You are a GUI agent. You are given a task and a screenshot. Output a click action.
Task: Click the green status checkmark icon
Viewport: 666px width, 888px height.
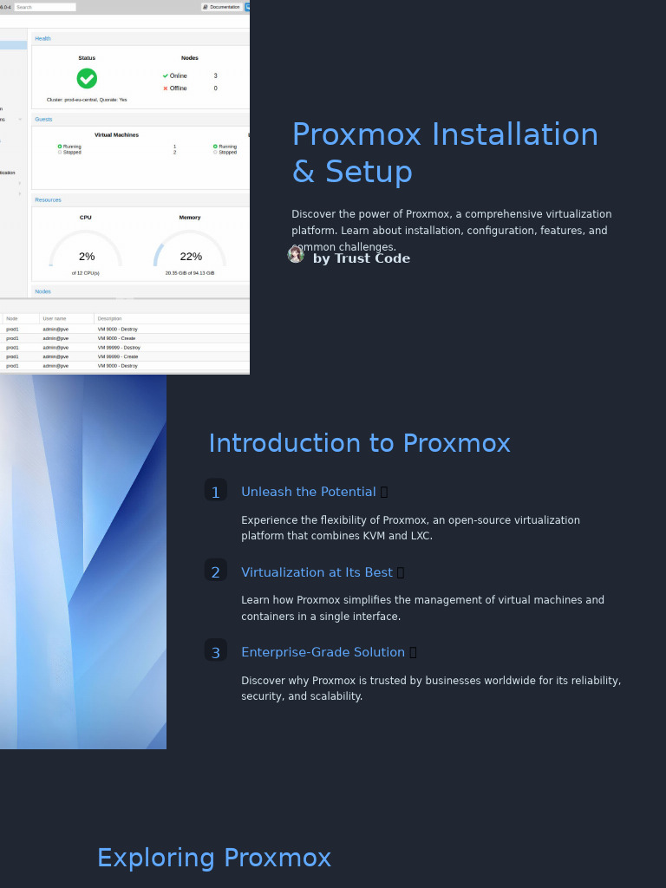point(87,78)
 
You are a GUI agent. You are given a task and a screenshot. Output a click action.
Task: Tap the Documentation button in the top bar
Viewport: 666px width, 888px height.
point(222,7)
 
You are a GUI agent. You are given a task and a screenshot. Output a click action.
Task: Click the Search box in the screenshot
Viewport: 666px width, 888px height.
point(45,7)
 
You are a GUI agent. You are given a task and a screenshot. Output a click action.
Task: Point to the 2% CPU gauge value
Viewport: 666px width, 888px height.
point(87,257)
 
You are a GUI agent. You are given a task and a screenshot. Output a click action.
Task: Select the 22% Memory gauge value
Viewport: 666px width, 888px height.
point(191,257)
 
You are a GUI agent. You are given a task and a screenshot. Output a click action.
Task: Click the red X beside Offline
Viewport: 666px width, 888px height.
point(166,88)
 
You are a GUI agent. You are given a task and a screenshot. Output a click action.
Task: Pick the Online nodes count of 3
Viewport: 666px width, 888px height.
point(216,76)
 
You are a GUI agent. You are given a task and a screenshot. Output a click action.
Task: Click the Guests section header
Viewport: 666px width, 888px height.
point(43,120)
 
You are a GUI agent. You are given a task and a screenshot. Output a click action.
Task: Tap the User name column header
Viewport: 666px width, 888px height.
point(55,319)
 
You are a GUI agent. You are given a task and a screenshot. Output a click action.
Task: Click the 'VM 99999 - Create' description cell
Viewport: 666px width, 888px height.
point(118,356)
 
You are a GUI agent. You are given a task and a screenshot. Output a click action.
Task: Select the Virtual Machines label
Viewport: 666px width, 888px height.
point(116,135)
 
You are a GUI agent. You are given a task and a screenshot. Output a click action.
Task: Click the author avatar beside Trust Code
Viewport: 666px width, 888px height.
point(296,254)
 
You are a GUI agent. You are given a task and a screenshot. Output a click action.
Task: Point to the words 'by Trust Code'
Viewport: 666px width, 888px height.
point(362,258)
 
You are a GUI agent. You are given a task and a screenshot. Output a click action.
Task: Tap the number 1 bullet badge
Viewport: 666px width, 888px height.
point(216,493)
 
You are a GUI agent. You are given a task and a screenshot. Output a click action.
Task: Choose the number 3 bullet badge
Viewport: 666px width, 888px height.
point(216,653)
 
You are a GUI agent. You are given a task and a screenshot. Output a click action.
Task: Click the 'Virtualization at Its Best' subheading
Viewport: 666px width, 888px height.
point(317,572)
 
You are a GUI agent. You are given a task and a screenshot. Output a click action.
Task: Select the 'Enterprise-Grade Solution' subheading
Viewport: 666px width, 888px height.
point(323,652)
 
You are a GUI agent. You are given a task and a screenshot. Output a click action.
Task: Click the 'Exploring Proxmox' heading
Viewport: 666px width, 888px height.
point(214,858)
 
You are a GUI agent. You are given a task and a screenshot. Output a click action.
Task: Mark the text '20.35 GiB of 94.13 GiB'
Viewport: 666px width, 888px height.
point(190,273)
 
